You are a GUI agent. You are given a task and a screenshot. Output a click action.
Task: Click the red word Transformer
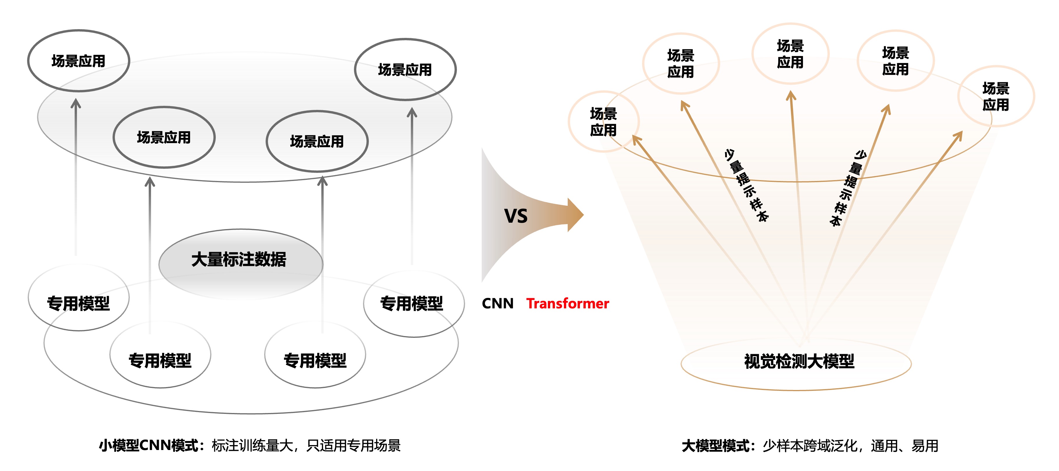567,303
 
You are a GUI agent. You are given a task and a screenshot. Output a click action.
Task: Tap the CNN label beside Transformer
497,303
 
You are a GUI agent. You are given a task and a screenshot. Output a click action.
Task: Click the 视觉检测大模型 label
799,362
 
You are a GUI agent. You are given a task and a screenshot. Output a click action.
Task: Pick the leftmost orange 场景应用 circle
603,122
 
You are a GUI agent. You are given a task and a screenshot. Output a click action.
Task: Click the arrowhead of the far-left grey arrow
76,103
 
